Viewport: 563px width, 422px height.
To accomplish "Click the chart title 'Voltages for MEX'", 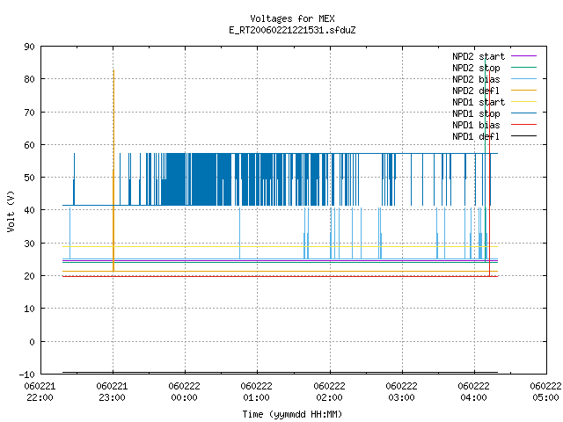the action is pyautogui.click(x=292, y=18).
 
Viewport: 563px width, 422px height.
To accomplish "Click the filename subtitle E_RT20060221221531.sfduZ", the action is pyautogui.click(x=292, y=30).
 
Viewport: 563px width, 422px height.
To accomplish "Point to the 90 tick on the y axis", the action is pyautogui.click(x=29, y=47).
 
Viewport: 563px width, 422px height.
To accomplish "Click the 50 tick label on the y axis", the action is pyautogui.click(x=29, y=178).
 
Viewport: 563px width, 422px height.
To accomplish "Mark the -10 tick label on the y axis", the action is pyautogui.click(x=26, y=375).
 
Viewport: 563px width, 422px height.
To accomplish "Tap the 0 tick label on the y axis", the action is pyautogui.click(x=32, y=342).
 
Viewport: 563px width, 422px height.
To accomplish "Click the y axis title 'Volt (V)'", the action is pyautogui.click(x=11, y=211).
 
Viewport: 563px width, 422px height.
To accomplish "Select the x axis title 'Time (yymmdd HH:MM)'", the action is pyautogui.click(x=292, y=414).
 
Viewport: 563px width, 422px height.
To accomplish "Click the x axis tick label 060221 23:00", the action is pyautogui.click(x=112, y=391).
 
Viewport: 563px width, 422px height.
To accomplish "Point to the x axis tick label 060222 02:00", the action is pyautogui.click(x=329, y=391).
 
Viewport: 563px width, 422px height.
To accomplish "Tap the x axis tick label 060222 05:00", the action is pyautogui.click(x=545, y=391).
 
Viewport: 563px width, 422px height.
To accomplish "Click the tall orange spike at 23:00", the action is pyautogui.click(x=113, y=171).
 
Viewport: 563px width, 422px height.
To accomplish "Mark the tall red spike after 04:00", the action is pyautogui.click(x=489, y=173).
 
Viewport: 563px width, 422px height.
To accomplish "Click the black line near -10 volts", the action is pyautogui.click(x=280, y=373).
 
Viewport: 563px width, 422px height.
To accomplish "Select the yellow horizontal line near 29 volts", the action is pyautogui.click(x=280, y=246).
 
